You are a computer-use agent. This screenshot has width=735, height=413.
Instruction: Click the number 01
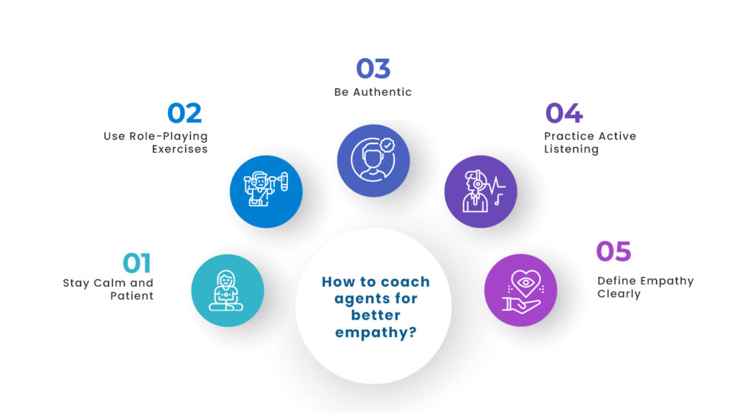(137, 264)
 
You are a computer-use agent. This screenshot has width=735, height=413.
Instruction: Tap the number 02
(184, 113)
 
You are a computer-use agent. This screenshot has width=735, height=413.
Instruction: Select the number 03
(373, 69)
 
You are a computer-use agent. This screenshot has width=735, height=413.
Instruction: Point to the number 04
(563, 113)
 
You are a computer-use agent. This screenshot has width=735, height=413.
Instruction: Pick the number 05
(614, 252)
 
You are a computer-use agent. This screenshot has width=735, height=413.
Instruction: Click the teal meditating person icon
(227, 290)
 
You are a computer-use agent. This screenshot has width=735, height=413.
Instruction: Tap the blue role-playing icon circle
(266, 191)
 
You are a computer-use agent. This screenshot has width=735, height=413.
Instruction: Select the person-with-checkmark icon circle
(373, 161)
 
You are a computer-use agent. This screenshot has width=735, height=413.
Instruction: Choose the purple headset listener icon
(480, 191)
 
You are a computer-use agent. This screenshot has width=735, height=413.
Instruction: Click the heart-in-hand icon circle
(520, 290)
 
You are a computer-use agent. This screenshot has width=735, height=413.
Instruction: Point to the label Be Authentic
(373, 92)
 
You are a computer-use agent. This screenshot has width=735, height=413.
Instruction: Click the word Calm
(110, 283)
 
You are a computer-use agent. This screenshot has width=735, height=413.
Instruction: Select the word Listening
(571, 149)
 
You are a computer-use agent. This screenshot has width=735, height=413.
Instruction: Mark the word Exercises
(179, 149)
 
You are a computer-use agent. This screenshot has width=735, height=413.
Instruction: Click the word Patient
(132, 295)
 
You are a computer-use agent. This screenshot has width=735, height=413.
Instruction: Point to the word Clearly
(619, 293)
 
